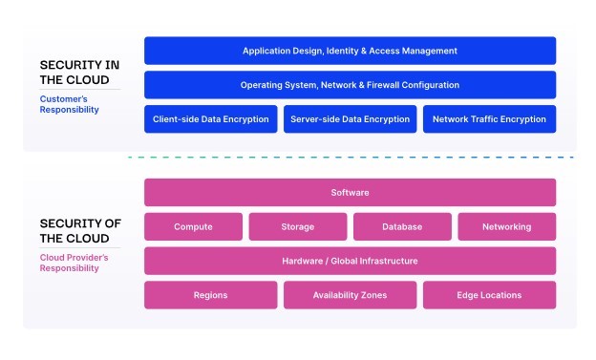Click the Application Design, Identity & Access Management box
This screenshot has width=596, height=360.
[350, 51]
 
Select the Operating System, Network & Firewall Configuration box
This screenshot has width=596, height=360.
[350, 85]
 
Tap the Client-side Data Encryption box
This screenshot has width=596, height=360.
[210, 119]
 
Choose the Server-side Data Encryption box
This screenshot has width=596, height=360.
[350, 119]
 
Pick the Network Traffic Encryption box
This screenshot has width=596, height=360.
[489, 119]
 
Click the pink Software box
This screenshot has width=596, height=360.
[350, 192]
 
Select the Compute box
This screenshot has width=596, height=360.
[193, 226]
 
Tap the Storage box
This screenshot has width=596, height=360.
[298, 226]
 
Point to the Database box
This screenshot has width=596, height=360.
[402, 226]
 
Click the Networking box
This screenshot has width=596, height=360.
[506, 226]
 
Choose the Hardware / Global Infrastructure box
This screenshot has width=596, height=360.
[350, 261]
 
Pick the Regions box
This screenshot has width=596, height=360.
[210, 295]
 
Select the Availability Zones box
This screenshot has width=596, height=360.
[350, 295]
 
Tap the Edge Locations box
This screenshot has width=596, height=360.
[489, 295]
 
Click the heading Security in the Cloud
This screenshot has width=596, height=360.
[79, 73]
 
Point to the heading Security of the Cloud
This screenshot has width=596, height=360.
[80, 231]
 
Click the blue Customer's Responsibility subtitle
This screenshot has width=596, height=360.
[69, 104]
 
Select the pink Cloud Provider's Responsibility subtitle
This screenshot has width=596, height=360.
[74, 263]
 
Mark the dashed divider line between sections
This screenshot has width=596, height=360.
[351, 157]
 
